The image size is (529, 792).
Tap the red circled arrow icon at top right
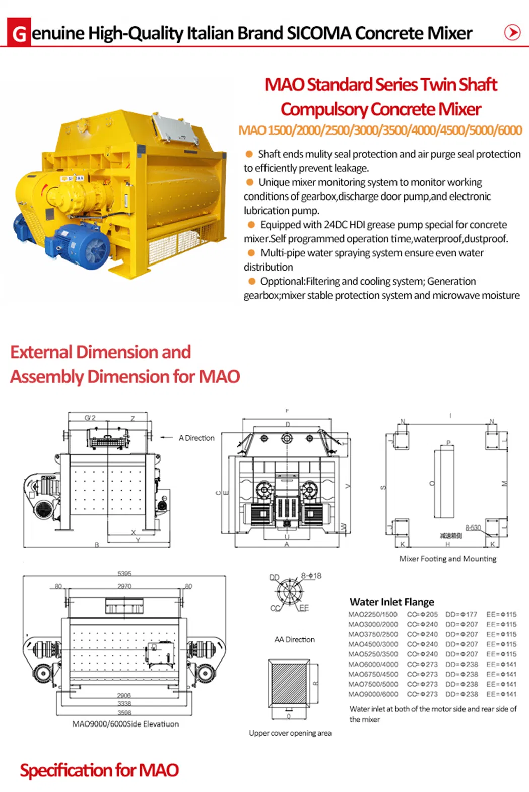click(512, 32)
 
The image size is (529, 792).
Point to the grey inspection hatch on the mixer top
click(174, 126)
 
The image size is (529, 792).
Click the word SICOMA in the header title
click(318, 33)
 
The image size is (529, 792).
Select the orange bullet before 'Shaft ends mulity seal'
click(249, 154)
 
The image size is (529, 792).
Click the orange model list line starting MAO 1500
click(380, 130)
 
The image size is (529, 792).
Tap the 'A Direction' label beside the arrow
click(196, 438)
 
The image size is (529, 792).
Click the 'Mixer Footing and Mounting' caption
click(447, 558)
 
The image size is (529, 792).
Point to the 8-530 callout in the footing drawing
click(473, 527)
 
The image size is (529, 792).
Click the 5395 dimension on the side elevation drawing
click(124, 573)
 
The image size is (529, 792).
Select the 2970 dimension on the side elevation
click(124, 586)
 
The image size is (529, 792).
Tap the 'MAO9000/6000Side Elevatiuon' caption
click(125, 723)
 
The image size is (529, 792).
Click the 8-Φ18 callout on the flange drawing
click(311, 575)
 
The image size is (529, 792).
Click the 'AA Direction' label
click(294, 639)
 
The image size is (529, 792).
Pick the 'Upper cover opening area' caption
click(290, 733)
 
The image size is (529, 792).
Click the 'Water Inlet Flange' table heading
click(391, 602)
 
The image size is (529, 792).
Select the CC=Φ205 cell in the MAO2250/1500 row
click(422, 614)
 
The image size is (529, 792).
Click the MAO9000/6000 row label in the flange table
click(373, 694)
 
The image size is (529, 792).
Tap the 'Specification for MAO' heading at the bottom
click(99, 770)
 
